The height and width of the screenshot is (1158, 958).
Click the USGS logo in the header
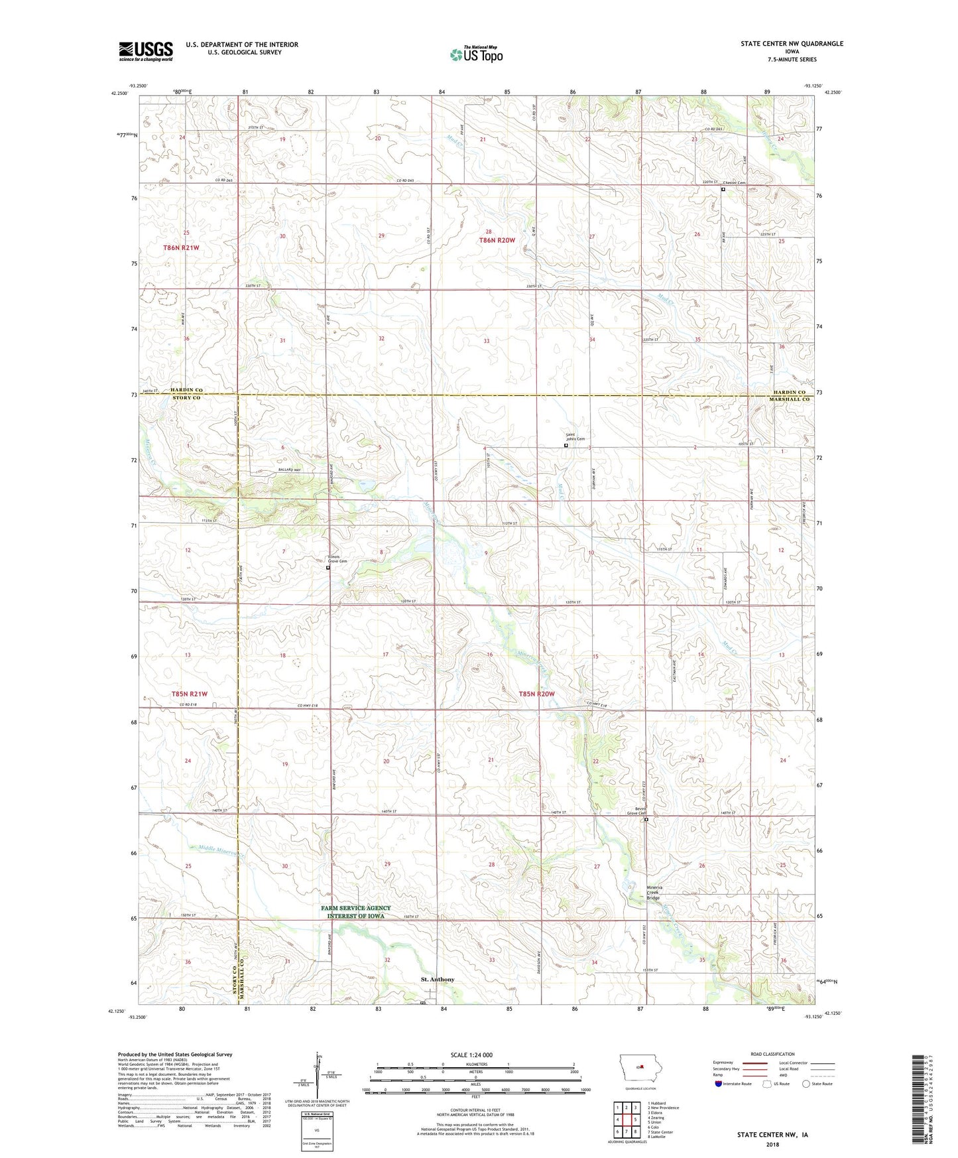coord(146,51)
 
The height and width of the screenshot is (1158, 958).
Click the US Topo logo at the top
coord(476,55)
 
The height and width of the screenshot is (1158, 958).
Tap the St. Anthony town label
coord(438,979)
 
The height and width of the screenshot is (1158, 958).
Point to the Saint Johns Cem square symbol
coord(566,446)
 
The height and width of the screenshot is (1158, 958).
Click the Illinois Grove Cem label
coord(337,558)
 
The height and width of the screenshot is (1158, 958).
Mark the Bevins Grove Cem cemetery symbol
coord(646,819)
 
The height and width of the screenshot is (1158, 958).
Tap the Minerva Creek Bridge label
coord(658,892)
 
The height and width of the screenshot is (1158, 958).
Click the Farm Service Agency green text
coord(356,911)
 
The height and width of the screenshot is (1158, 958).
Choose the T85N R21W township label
coord(190,694)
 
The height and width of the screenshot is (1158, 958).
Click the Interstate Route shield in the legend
coord(719,1084)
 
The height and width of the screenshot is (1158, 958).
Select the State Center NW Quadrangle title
coord(792,44)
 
